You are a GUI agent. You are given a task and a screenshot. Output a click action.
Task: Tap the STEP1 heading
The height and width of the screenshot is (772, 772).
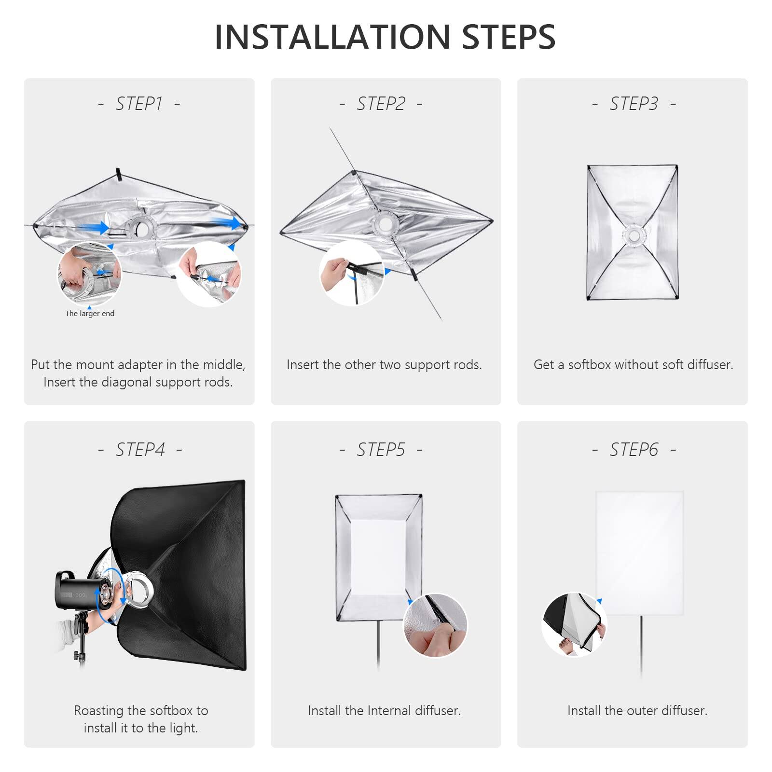point(139,104)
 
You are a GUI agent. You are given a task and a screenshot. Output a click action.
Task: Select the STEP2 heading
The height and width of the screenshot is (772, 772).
point(381,104)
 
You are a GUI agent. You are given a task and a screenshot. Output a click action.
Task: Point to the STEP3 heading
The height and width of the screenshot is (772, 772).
point(634,104)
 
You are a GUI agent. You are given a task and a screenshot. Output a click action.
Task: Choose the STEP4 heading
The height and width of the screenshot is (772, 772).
point(140,450)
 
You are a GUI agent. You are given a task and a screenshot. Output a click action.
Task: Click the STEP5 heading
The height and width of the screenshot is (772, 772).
point(381,450)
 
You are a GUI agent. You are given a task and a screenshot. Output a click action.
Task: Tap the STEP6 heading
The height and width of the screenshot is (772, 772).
point(634,450)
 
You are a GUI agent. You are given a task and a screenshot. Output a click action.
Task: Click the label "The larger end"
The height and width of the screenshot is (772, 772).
point(90,314)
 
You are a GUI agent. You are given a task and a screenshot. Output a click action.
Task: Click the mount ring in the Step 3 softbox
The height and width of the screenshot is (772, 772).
point(634,235)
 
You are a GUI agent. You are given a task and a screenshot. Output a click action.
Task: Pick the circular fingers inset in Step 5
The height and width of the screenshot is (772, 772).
point(435,626)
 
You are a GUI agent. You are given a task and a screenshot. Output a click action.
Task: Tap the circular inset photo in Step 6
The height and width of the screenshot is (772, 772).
point(574,625)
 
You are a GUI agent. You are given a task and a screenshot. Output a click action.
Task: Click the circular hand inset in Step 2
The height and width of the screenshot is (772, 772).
point(351,274)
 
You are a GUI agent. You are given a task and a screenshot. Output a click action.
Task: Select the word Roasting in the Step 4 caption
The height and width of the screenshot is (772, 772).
point(99,711)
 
